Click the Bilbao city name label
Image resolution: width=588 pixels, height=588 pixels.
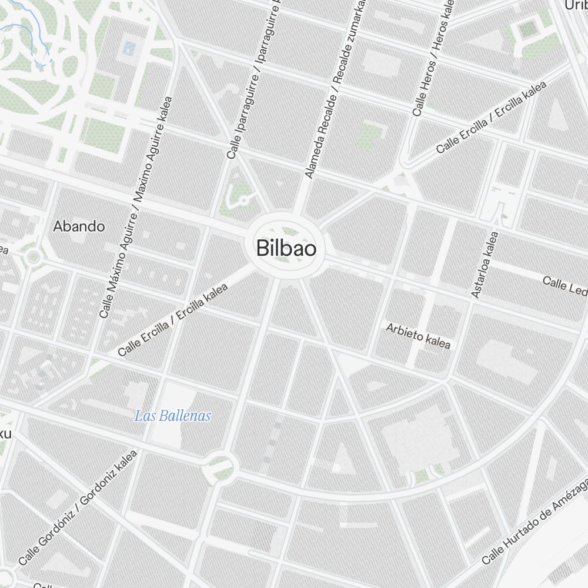click(x=286, y=248)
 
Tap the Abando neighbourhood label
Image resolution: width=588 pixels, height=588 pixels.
click(x=79, y=226)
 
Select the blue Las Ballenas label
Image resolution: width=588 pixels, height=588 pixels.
click(x=173, y=416)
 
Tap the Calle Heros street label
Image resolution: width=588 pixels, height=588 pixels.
click(x=432, y=59)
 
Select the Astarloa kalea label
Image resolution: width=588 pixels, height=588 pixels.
click(x=485, y=265)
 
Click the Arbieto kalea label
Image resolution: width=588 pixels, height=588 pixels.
click(x=418, y=335)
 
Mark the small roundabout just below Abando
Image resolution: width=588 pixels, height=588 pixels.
click(x=33, y=256)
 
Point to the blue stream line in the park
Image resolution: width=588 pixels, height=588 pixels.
click(x=41, y=44)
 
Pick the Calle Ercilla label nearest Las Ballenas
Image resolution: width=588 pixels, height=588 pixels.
click(x=172, y=320)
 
